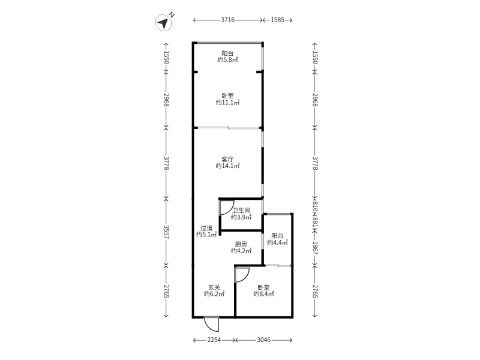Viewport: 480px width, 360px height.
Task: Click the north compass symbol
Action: tap(164, 22)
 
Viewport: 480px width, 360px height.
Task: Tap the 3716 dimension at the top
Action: tap(227, 20)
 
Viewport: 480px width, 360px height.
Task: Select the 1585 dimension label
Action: tap(277, 20)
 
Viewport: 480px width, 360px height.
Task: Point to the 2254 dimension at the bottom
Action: tap(214, 340)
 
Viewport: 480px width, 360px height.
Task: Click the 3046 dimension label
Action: tap(263, 340)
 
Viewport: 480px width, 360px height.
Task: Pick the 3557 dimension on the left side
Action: tap(166, 232)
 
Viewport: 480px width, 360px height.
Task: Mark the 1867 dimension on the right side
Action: tap(316, 248)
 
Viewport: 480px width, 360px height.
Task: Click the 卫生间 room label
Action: tap(241, 211)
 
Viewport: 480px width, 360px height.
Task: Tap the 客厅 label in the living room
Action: tap(227, 160)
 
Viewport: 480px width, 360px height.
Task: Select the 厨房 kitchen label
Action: tap(241, 244)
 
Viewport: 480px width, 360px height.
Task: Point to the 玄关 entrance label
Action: tap(214, 287)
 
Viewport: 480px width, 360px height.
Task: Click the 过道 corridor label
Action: tap(206, 228)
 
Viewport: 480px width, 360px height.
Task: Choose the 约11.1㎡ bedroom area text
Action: tap(227, 103)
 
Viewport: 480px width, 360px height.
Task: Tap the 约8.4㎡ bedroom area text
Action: tap(263, 294)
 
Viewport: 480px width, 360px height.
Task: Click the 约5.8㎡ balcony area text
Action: tap(227, 60)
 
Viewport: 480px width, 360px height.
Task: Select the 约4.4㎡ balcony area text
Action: tap(277, 242)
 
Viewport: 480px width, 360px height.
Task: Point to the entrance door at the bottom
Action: tap(212, 324)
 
